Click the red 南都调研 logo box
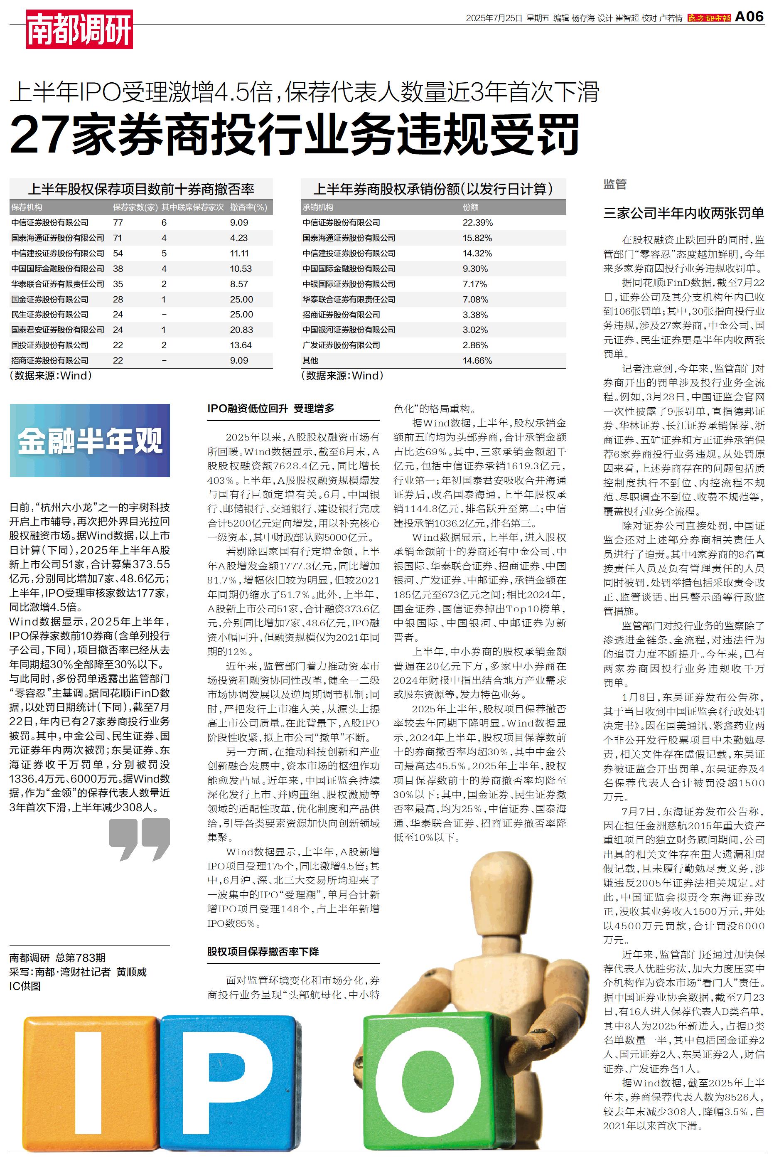(79, 30)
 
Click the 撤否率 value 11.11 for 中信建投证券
(239, 253)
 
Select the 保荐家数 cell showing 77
(118, 223)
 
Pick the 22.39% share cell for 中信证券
(477, 223)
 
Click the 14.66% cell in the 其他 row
(477, 360)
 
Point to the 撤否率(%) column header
(248, 207)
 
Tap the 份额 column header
(470, 207)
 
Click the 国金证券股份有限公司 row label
(50, 299)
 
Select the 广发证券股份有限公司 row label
(341, 345)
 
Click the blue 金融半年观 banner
(90, 440)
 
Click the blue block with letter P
(230, 1081)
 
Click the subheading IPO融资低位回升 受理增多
(270, 408)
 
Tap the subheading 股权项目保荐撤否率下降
(263, 951)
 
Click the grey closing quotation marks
(140, 839)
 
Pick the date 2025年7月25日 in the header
(494, 18)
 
